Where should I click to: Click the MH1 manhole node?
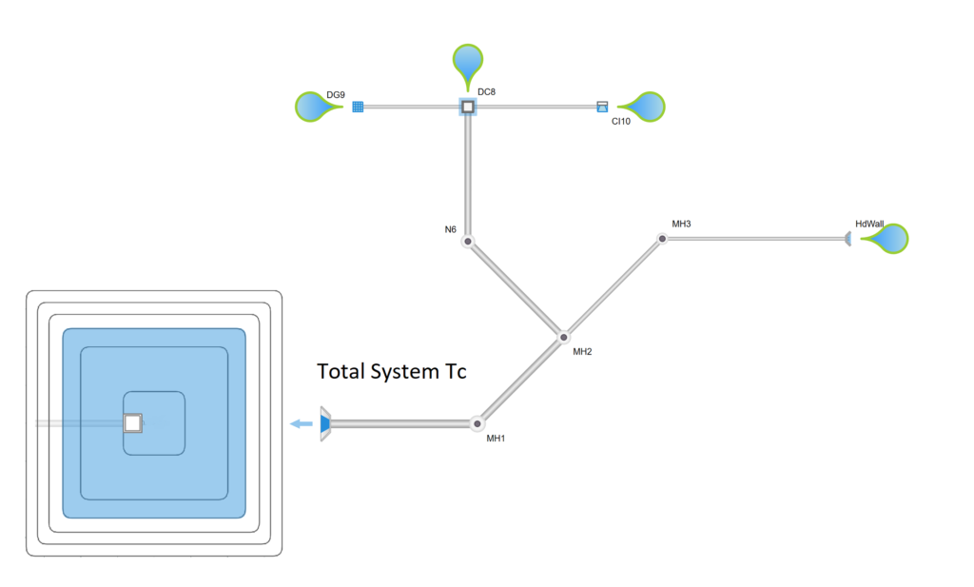[x=477, y=423]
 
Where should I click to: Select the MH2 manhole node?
[x=564, y=337]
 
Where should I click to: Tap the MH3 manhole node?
[x=662, y=238]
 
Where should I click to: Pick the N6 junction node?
[x=468, y=242]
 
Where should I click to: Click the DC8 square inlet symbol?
[x=468, y=107]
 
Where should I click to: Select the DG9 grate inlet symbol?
[x=359, y=107]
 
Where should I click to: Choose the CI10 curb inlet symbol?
[x=601, y=107]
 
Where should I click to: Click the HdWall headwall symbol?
[x=847, y=238]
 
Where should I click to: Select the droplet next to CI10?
[x=644, y=107]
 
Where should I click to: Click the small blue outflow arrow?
[x=302, y=423]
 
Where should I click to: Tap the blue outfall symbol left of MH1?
[x=324, y=423]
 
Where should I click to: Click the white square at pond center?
[x=133, y=421]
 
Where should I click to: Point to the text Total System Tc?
[x=391, y=372]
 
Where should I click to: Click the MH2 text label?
[x=582, y=352]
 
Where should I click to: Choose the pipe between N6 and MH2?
[x=516, y=289]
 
